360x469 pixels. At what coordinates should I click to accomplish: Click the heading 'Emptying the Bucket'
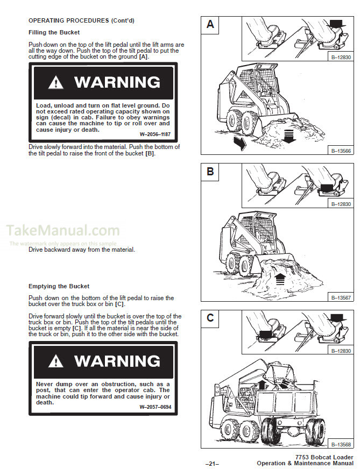pos(59,286)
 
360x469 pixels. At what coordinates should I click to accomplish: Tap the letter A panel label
pos(210,24)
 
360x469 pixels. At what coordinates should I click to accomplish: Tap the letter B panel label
pos(210,172)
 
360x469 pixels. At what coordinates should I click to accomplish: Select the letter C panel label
pos(210,318)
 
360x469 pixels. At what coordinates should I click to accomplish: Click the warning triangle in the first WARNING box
pos(55,83)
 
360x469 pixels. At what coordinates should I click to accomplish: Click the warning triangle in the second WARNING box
pos(55,361)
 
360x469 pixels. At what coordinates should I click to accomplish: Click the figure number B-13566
pos(340,151)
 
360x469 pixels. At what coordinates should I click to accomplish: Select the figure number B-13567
pos(340,297)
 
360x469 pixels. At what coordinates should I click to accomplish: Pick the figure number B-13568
pos(340,444)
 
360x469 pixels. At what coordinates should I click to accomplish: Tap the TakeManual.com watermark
pos(63,231)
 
